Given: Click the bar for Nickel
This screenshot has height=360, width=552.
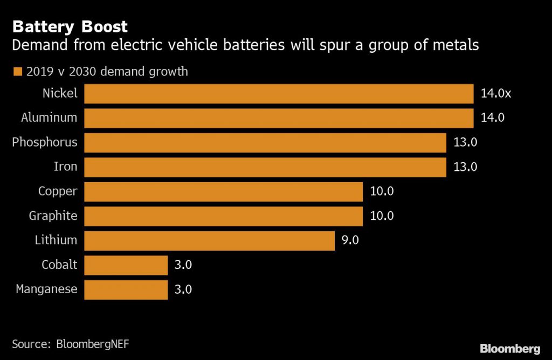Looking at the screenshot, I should pyautogui.click(x=279, y=93).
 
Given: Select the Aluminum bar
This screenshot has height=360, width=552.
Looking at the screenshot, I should pyautogui.click(x=279, y=117).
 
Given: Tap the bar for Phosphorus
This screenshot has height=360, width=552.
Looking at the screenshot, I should pyautogui.click(x=265, y=142).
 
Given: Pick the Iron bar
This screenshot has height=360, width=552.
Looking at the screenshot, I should pyautogui.click(x=265, y=167).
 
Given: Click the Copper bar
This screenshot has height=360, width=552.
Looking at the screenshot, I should pyautogui.click(x=223, y=191).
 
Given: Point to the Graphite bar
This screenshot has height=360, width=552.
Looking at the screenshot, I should pyautogui.click(x=223, y=216).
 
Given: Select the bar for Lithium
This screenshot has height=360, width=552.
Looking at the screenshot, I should pyautogui.click(x=210, y=240).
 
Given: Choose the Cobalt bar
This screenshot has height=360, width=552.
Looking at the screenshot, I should pyautogui.click(x=126, y=265).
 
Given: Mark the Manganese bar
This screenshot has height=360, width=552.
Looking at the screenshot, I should pyautogui.click(x=126, y=289).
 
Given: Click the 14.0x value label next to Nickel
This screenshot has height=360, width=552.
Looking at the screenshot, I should pyautogui.click(x=495, y=93).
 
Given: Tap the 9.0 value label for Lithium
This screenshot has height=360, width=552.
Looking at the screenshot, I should pyautogui.click(x=350, y=240).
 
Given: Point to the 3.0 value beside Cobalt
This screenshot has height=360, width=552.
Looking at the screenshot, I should pyautogui.click(x=183, y=265).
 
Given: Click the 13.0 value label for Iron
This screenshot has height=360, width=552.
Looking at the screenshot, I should pyautogui.click(x=465, y=167).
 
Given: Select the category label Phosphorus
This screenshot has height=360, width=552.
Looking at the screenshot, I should pyautogui.click(x=45, y=142).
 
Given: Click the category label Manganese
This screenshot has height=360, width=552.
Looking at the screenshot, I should pyautogui.click(x=46, y=289).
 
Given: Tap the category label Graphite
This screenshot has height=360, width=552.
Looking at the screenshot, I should pyautogui.click(x=53, y=216).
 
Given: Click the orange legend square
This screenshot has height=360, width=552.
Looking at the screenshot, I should pyautogui.click(x=17, y=72).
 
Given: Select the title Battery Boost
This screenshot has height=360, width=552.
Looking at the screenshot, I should pyautogui.click(x=70, y=26).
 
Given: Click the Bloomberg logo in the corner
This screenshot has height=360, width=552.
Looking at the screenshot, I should pyautogui.click(x=510, y=348).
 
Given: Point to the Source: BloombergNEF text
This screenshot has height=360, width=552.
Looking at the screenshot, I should pyautogui.click(x=71, y=343).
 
